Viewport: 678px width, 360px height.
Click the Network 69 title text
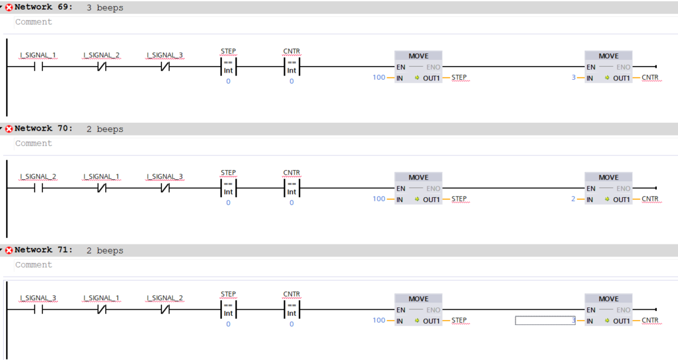coord(44,8)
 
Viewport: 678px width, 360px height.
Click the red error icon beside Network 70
coord(9,129)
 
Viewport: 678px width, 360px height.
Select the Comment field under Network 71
coord(34,265)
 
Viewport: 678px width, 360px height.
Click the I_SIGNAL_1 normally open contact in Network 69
coord(38,67)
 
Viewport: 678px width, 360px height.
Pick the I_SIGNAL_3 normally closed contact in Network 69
coord(165,67)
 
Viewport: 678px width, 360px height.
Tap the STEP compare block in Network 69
coord(228,67)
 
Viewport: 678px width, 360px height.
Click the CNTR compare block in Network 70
coord(292,188)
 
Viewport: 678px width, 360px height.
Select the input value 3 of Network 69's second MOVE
coord(573,78)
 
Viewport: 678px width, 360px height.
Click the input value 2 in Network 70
coord(573,199)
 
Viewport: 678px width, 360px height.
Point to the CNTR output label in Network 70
coord(650,199)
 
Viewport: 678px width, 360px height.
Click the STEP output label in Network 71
coord(459,321)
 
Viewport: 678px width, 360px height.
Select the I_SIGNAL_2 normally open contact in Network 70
coord(38,188)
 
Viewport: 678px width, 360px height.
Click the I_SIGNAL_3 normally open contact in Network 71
coord(38,309)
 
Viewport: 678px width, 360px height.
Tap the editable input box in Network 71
coord(544,321)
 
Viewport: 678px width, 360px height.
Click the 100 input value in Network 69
coord(379,78)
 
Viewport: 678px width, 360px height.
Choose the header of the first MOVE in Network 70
coord(418,177)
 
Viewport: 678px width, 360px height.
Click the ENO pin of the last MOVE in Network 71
coord(623,310)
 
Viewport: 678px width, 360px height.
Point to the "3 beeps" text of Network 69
coord(105,8)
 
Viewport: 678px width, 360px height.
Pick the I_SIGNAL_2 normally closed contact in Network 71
coord(165,309)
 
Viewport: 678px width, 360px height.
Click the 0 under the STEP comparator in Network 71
coord(228,324)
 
